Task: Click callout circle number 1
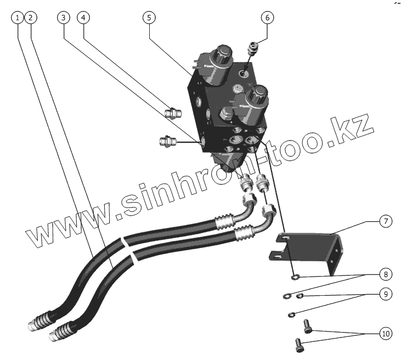click(19, 18)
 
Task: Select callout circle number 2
click(31, 18)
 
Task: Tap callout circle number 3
click(64, 18)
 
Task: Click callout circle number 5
click(148, 18)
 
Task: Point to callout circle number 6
click(267, 18)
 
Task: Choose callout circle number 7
click(385, 222)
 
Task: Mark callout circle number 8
click(385, 273)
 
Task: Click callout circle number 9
click(385, 294)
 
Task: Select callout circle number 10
click(385, 333)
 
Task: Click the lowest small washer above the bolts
click(292, 314)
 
